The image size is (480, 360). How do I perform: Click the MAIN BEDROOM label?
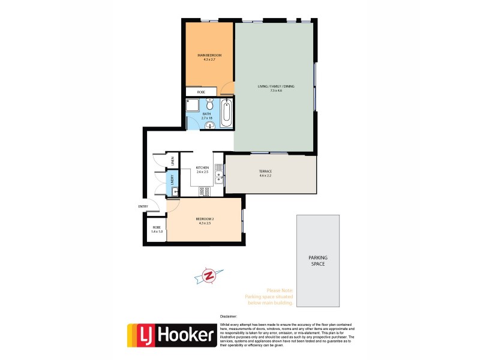click(x=209, y=55)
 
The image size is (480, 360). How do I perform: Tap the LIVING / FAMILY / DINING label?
click(x=274, y=86)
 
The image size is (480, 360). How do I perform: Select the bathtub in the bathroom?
click(x=226, y=114)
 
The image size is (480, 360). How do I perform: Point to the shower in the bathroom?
click(x=193, y=106)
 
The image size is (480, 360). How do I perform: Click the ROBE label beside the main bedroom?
click(x=193, y=92)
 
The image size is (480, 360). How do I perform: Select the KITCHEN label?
click(x=202, y=167)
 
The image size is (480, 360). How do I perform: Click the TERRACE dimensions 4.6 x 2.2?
click(x=265, y=175)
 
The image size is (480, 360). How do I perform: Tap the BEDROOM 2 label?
click(x=205, y=219)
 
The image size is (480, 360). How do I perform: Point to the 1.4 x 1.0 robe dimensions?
click(x=157, y=231)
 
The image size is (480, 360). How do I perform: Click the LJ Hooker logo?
click(x=172, y=336)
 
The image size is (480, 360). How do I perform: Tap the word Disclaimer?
click(x=229, y=315)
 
